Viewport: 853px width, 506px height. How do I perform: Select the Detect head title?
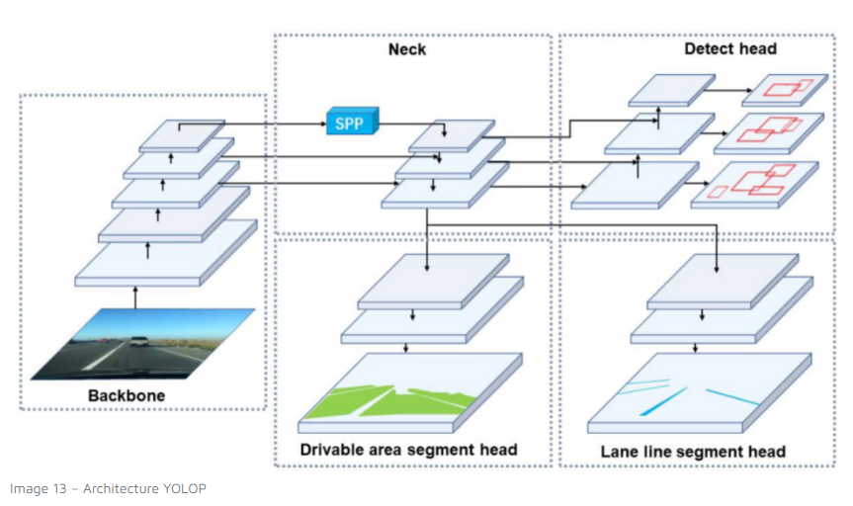729,47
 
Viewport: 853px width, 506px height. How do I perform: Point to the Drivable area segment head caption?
408,451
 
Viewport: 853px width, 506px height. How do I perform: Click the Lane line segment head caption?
693,453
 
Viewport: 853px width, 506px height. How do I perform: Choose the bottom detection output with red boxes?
756,183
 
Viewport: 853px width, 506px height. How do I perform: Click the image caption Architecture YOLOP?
108,488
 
